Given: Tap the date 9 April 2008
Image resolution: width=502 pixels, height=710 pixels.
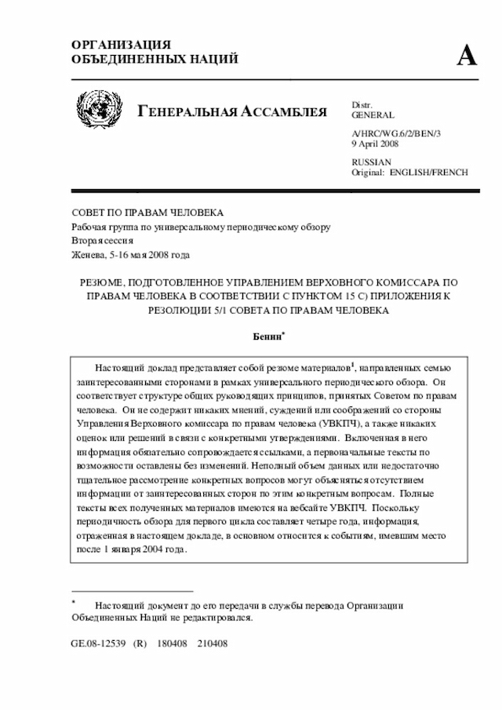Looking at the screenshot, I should [x=375, y=144].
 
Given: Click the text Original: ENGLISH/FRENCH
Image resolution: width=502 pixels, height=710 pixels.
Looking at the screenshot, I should [x=409, y=172].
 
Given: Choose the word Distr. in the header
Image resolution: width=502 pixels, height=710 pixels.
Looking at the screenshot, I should [x=362, y=104].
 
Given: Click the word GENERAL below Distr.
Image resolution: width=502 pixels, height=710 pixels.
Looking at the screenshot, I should [x=373, y=115].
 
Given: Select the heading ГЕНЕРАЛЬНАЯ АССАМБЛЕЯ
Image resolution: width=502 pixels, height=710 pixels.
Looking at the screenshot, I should [x=232, y=111].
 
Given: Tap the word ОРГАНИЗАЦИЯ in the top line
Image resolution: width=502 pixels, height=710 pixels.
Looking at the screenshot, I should [x=121, y=45].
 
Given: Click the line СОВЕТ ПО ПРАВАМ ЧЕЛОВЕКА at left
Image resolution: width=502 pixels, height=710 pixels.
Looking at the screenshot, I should [x=147, y=213].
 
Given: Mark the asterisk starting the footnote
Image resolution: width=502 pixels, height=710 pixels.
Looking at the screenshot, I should [x=73, y=602].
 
